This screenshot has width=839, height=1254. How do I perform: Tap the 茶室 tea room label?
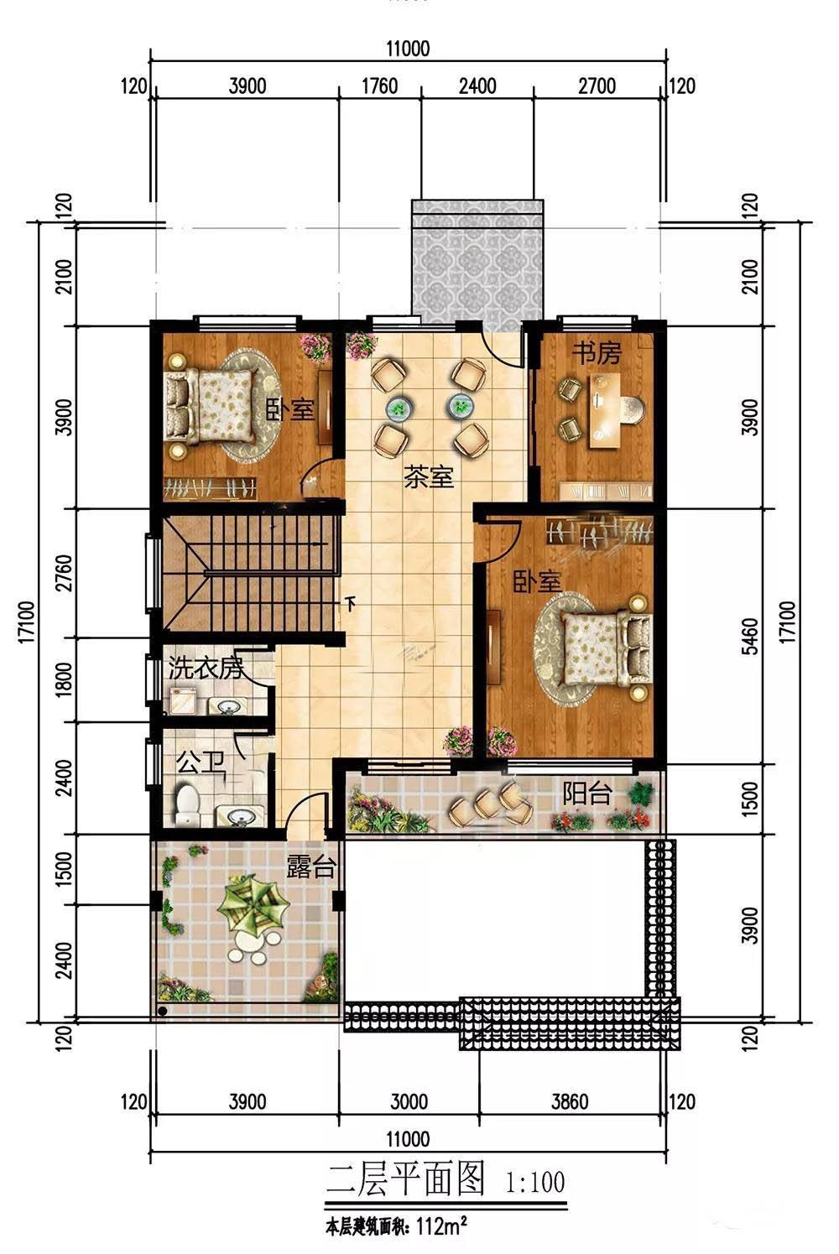(429, 477)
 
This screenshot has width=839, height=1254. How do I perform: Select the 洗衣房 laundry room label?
(206, 668)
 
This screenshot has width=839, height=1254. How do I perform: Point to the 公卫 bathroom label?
(201, 762)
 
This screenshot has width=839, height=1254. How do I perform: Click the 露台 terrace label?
(310, 866)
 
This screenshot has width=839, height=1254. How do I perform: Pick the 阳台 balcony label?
(587, 793)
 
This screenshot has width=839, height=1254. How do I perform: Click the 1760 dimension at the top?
(380, 86)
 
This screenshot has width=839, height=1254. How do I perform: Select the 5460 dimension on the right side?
(751, 636)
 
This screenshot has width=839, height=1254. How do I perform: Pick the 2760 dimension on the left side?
(65, 573)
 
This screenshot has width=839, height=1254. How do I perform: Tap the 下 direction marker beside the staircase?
(352, 604)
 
